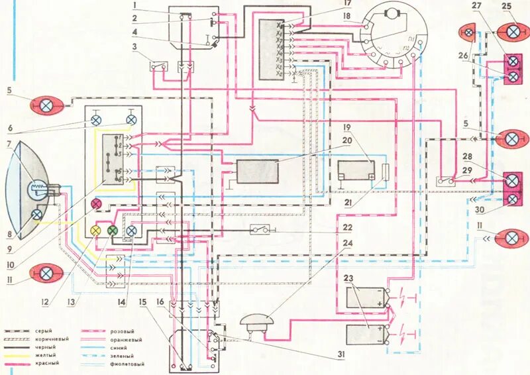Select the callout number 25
click(507, 6)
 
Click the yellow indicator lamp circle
click(95, 230)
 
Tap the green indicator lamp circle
click(113, 231)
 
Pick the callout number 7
click(9, 144)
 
